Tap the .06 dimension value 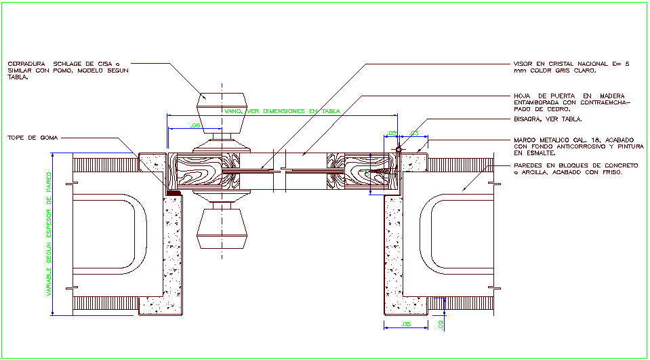coord(195,126)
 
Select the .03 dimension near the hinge coord(414,133)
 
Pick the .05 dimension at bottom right coord(406,325)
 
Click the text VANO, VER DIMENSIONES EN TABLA coord(282,111)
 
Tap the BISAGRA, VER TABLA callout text coord(548,119)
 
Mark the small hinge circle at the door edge coord(399,149)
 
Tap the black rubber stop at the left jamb coord(174,193)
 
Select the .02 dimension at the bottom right coord(441,325)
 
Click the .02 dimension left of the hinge coord(391,133)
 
